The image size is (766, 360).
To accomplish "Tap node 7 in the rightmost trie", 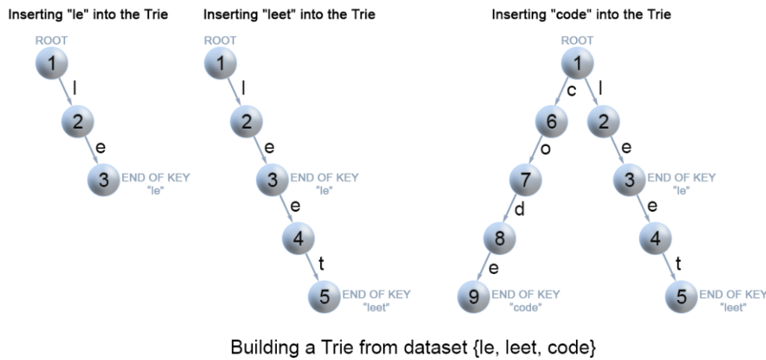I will coord(525,180).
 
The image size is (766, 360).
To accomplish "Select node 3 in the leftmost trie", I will coord(104,180).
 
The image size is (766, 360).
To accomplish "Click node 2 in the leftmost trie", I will coord(78,121).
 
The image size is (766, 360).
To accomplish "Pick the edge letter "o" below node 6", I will coord(545,150).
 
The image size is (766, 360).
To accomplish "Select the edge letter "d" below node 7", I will coord(519,209).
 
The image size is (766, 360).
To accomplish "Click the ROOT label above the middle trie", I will coord(220,40).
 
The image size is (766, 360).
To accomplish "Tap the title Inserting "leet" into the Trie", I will coord(289,14).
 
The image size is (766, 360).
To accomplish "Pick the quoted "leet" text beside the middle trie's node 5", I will coord(376,307).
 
